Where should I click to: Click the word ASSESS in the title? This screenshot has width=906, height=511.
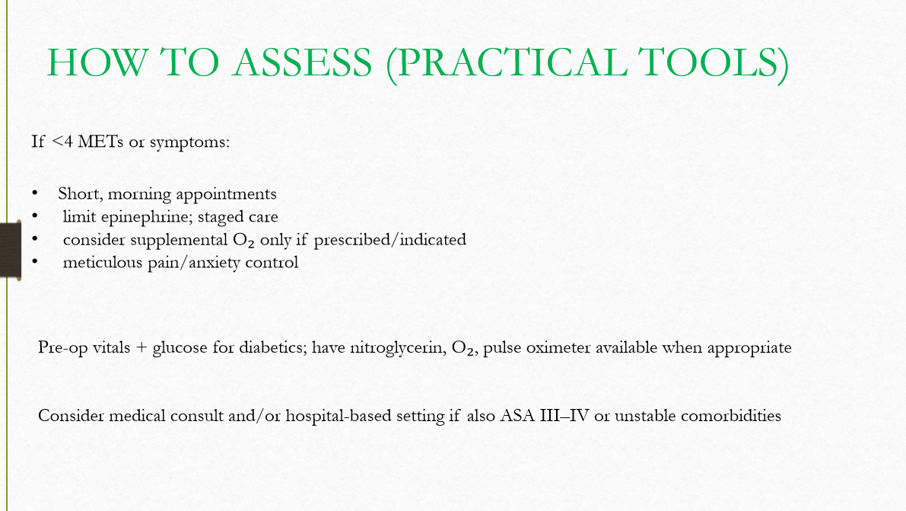pos(303,62)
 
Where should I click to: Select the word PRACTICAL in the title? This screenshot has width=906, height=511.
pos(505,62)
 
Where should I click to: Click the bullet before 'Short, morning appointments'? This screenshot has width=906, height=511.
pos(35,193)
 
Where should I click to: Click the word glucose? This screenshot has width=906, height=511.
pos(180,348)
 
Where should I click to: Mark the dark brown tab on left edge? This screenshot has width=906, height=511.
pos(10,251)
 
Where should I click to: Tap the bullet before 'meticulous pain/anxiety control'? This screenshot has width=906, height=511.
pos(35,263)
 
